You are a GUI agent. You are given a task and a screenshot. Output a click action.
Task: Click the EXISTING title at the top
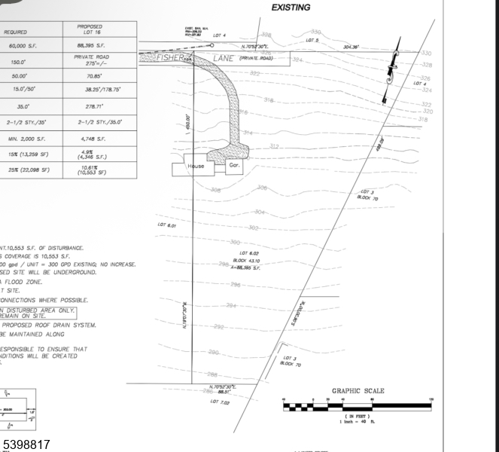click(291, 8)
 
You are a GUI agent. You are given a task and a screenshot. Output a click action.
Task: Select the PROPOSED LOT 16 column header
click(90, 29)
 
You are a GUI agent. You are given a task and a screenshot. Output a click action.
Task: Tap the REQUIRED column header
click(17, 32)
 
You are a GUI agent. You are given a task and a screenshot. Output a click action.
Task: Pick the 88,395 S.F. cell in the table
click(90, 46)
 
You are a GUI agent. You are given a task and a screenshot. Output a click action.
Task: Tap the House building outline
click(196, 166)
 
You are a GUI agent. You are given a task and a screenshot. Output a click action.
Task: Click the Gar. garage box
click(234, 165)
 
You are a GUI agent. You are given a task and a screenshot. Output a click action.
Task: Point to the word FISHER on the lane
click(170, 57)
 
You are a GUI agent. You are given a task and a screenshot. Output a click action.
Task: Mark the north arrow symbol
click(390, 75)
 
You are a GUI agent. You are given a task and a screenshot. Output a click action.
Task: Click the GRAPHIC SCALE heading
click(358, 391)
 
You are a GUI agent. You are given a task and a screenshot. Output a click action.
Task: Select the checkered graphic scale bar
click(357, 406)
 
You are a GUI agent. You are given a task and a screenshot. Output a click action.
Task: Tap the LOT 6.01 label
click(166, 225)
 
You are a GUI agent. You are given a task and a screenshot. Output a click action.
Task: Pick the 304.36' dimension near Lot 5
click(351, 47)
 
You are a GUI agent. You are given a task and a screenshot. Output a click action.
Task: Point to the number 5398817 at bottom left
click(26, 444)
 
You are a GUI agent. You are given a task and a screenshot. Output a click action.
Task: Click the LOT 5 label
click(312, 40)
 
